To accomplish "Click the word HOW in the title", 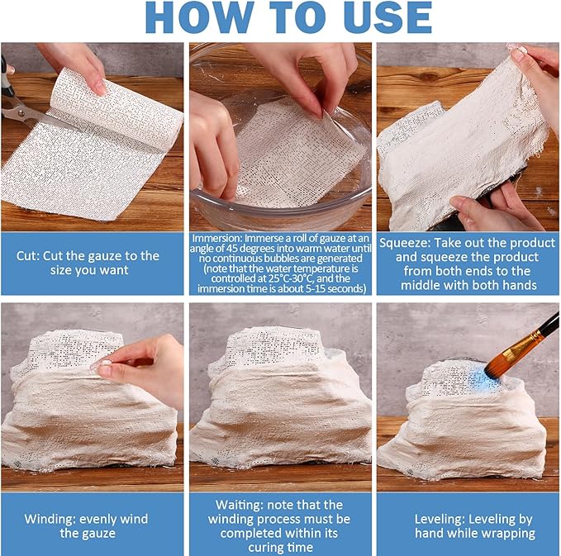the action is point(199,18).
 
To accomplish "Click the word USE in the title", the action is point(387,18).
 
